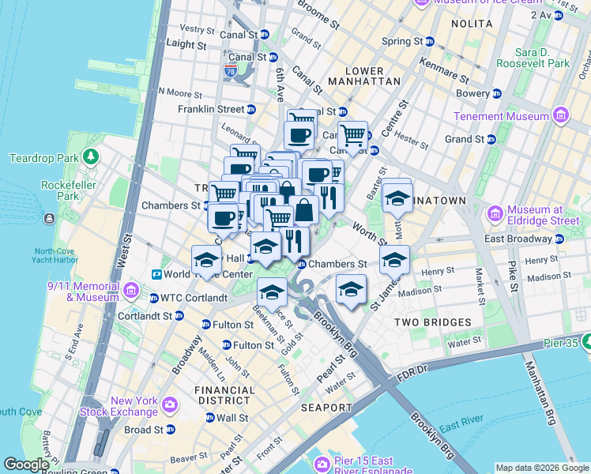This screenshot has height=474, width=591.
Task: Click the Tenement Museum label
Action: tap(501, 116)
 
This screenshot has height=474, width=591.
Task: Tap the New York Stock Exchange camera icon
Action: tap(170, 406)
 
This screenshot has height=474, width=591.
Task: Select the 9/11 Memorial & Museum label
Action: tap(83, 292)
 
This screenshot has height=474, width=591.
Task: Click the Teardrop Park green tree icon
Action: tap(92, 157)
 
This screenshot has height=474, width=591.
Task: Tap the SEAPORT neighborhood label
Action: tap(326, 408)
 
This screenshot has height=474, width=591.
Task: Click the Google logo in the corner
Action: tap(26, 465)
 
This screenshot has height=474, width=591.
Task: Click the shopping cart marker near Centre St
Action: tap(352, 135)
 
